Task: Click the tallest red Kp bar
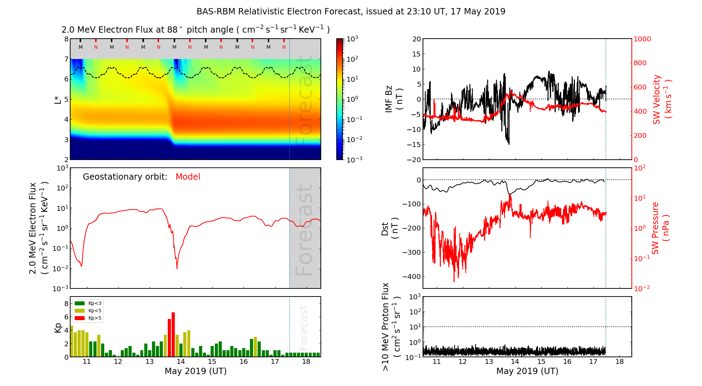tap(173, 334)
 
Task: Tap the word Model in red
tap(188, 177)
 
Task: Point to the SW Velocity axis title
tap(662, 99)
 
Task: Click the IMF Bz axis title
tap(394, 99)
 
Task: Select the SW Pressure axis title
tap(660, 228)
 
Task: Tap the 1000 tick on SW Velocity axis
tap(642, 39)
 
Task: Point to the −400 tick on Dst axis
tap(411, 277)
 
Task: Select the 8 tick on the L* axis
tap(66, 39)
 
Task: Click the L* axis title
tap(58, 99)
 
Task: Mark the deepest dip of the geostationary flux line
tap(177, 268)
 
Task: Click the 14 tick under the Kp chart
tap(181, 362)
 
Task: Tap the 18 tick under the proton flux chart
tap(620, 362)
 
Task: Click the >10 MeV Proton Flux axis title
tap(391, 327)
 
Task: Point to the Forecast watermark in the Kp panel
tap(304, 327)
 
